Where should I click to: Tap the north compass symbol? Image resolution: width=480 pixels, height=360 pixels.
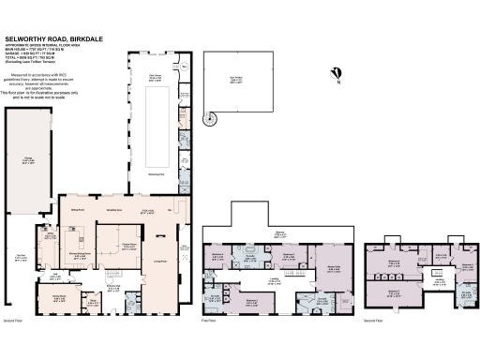tap(336, 74)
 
